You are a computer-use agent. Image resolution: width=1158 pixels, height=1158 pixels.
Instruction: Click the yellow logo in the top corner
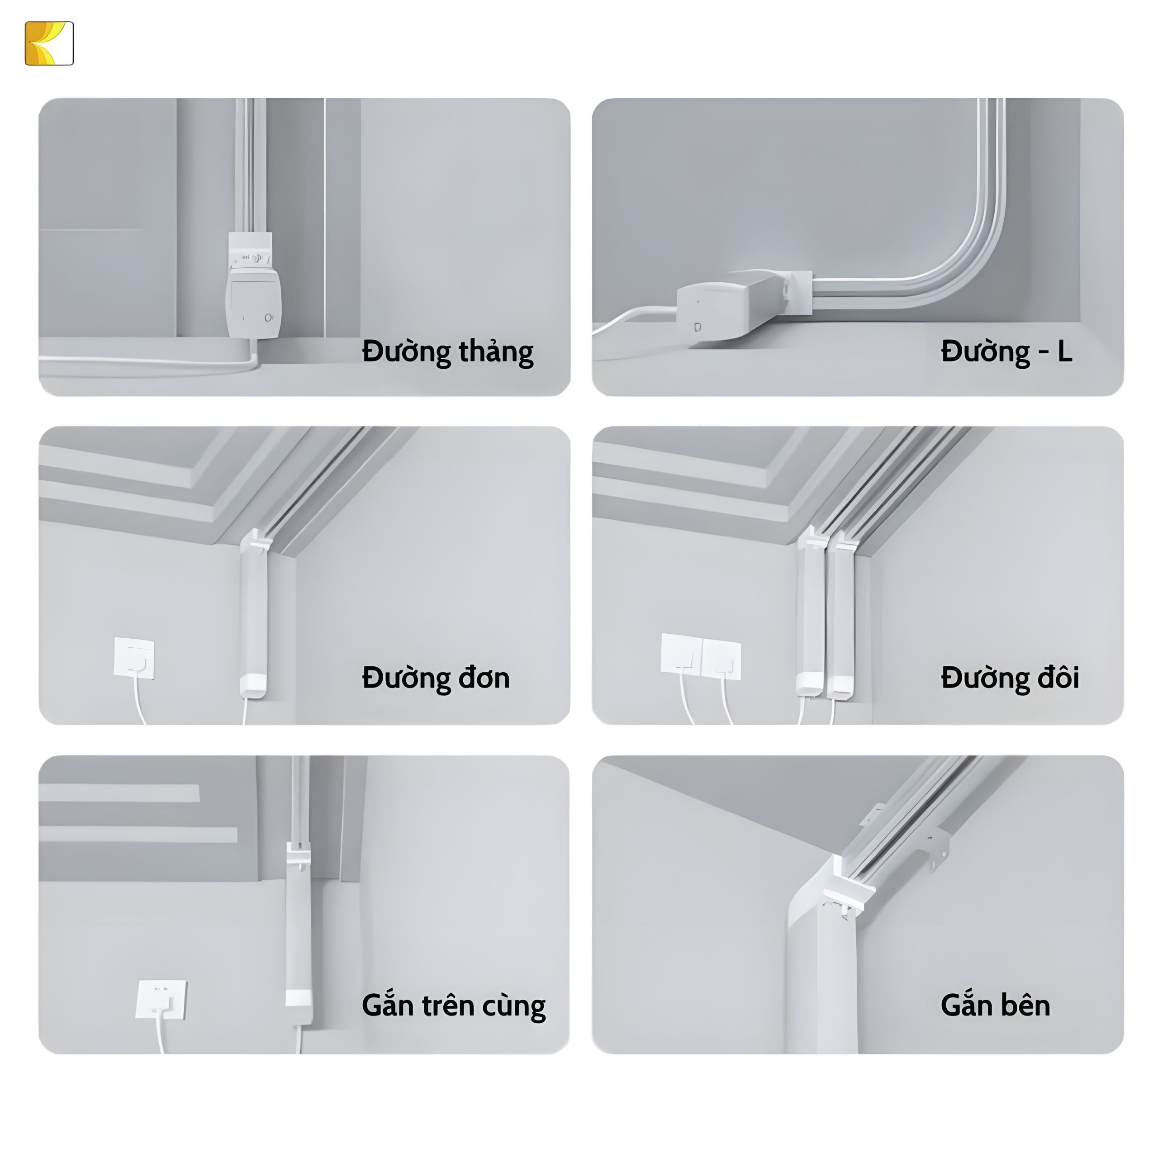pyautogui.click(x=49, y=43)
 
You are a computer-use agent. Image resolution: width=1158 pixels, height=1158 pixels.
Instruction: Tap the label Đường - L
pyautogui.click(x=1006, y=351)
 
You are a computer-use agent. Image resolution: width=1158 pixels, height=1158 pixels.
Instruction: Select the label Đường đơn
pyautogui.click(x=436, y=678)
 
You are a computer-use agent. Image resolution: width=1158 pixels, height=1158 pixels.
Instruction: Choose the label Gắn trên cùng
pyautogui.click(x=454, y=1005)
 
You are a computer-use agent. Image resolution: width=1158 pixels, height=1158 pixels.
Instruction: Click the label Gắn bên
pyautogui.click(x=996, y=1005)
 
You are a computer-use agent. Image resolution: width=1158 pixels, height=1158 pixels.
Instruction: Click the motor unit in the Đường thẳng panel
pyautogui.click(x=253, y=286)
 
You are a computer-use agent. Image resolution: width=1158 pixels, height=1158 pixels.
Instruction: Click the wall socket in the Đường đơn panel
pyautogui.click(x=134, y=658)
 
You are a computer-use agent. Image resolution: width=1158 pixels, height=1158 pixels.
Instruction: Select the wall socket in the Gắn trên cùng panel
pyautogui.click(x=161, y=999)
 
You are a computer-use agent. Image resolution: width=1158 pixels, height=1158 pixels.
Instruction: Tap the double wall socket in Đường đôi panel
pyautogui.click(x=701, y=656)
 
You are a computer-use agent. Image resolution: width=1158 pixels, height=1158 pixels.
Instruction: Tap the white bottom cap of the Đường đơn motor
pyautogui.click(x=253, y=686)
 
